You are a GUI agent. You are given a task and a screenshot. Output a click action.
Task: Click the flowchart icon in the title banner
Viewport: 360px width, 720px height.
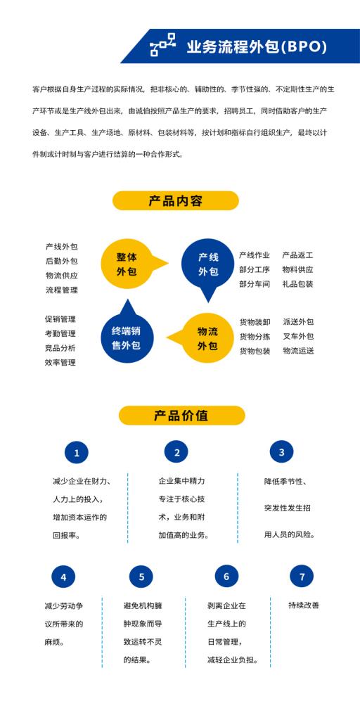[163, 45]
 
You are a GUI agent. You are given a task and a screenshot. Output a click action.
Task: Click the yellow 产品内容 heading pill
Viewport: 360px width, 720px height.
[175, 200]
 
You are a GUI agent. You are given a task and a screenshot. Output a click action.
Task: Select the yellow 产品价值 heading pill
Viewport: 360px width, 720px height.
[181, 416]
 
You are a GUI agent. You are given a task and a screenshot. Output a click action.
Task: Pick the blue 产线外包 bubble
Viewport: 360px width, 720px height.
[208, 267]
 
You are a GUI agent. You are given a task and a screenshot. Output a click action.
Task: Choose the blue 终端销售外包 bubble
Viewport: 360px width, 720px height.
[127, 334]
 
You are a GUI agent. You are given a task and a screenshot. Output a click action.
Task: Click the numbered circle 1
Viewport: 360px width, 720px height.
[76, 453]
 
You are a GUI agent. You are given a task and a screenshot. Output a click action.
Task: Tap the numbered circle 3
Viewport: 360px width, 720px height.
[281, 453]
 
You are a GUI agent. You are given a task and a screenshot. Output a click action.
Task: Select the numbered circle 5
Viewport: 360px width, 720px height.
[141, 577]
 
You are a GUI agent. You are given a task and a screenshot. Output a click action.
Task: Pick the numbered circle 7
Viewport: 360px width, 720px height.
[302, 577]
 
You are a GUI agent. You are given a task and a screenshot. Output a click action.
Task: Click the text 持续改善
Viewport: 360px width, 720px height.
[304, 605]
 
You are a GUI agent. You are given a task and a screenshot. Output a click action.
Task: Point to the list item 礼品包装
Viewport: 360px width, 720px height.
[298, 284]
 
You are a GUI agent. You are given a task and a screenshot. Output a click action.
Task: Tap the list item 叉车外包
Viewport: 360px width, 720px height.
[298, 337]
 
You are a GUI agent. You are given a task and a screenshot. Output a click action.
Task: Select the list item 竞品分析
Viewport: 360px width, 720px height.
[60, 348]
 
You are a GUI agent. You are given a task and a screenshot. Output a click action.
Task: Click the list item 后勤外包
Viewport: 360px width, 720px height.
[62, 262]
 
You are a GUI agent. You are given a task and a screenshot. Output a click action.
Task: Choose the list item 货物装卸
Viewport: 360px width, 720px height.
[255, 322]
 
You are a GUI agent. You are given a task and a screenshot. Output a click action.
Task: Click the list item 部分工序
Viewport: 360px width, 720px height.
[255, 269]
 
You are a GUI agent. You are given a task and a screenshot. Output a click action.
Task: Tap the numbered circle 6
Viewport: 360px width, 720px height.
[226, 577]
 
